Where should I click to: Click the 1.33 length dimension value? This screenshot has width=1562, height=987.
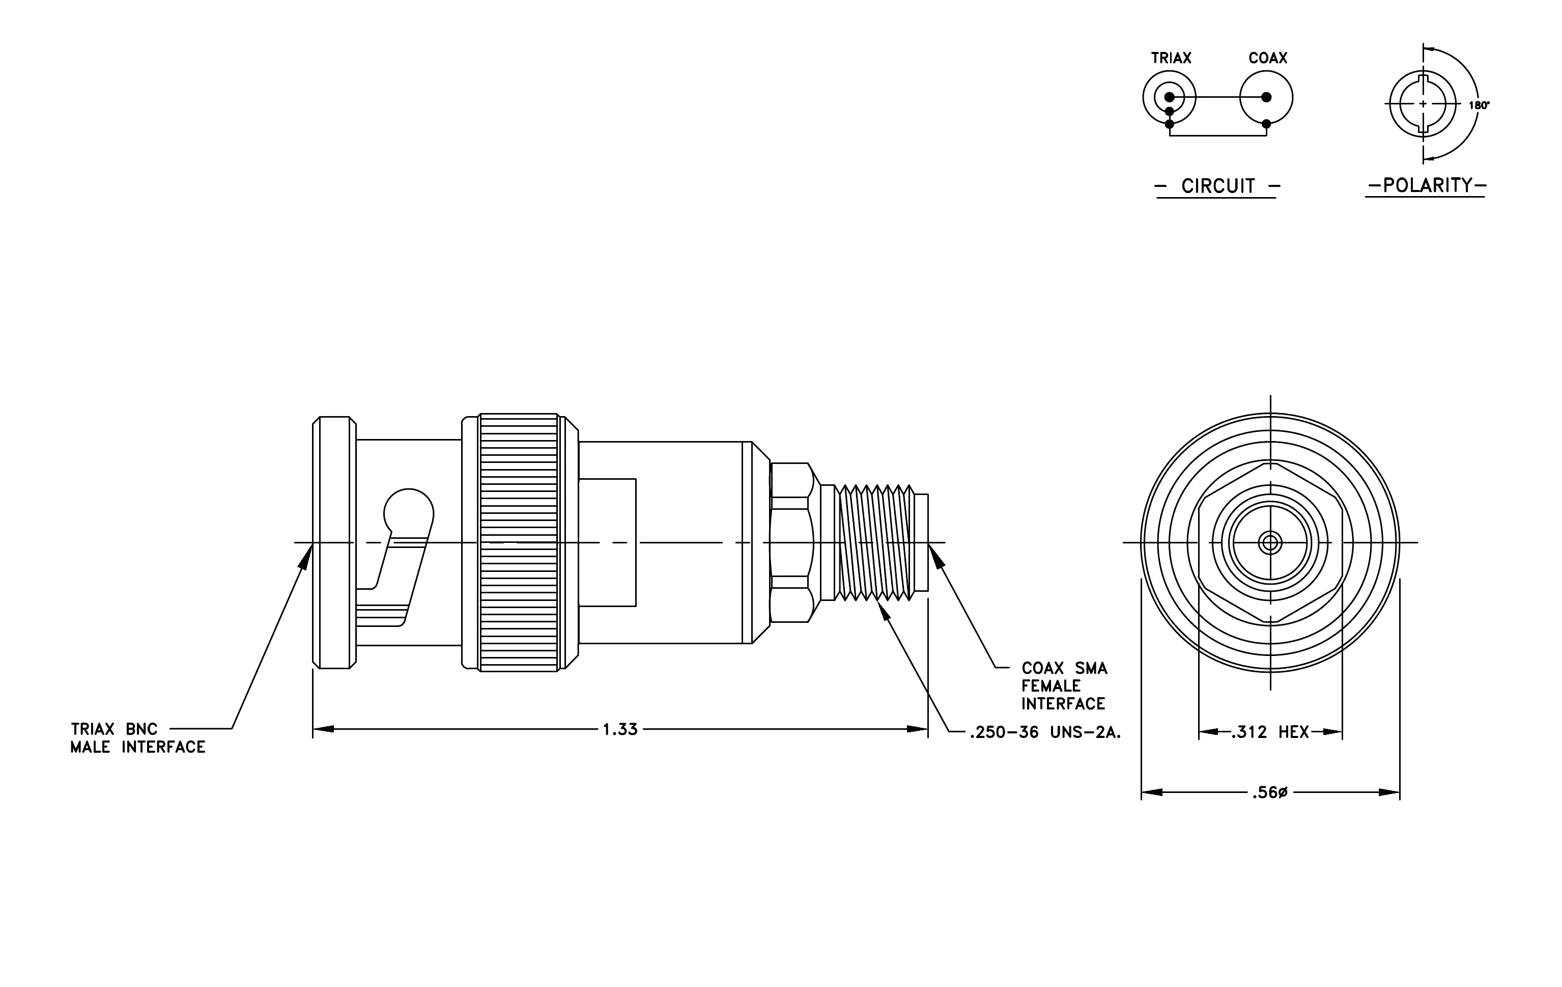(x=620, y=729)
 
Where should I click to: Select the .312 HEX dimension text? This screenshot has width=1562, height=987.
(x=1269, y=732)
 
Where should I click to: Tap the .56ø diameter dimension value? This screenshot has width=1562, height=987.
(x=1269, y=792)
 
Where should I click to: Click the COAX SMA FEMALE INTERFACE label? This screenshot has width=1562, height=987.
(x=1064, y=686)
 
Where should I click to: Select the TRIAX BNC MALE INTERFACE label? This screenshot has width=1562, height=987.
(x=137, y=738)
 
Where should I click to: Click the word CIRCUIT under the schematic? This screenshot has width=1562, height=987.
(x=1217, y=186)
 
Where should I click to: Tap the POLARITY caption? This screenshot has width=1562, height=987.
(x=1427, y=185)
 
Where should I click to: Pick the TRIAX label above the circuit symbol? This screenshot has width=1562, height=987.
(x=1171, y=58)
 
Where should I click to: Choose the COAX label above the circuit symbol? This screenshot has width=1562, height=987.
(x=1267, y=58)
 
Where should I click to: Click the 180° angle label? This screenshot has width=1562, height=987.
(x=1479, y=105)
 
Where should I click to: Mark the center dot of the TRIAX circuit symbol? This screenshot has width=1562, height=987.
(x=1169, y=97)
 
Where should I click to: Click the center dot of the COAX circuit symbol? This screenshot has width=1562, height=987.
(x=1266, y=97)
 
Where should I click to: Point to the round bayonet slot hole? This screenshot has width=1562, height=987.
(x=408, y=512)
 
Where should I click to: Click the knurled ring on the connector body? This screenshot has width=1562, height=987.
(x=518, y=542)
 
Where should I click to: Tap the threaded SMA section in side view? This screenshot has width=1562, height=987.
(x=874, y=542)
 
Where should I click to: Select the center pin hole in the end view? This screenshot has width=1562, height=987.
(x=1269, y=542)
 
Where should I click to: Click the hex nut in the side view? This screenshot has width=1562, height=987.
(x=791, y=542)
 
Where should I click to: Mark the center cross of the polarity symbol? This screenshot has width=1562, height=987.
(x=1423, y=104)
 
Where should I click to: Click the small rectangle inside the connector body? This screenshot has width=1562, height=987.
(x=607, y=542)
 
